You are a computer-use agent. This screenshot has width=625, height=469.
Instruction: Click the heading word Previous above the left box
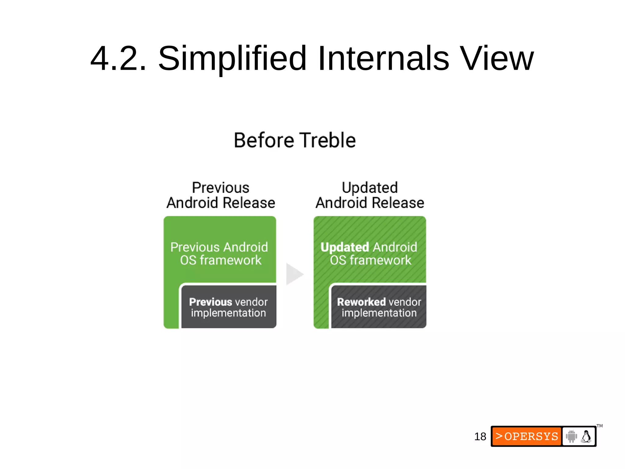point(220,188)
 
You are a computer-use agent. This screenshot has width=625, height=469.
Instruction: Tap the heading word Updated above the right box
point(370,188)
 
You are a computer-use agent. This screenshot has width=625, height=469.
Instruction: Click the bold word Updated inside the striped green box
point(345,247)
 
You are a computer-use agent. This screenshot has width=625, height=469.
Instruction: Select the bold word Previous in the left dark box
point(210,302)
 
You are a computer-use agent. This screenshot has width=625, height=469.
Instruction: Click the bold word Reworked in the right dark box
point(361,302)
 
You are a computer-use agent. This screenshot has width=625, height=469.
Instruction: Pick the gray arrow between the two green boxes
point(294,274)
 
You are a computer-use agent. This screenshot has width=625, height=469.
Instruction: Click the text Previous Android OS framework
point(219,254)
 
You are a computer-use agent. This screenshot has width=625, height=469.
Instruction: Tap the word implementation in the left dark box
point(228,313)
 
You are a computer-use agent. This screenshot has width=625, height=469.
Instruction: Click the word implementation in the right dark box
point(379,313)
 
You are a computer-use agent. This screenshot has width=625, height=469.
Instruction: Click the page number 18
point(480,437)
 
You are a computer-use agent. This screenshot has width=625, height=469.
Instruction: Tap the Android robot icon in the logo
point(571,436)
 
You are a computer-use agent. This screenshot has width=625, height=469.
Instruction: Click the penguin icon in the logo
point(586,436)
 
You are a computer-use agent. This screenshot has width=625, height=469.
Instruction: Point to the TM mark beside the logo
point(599,426)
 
